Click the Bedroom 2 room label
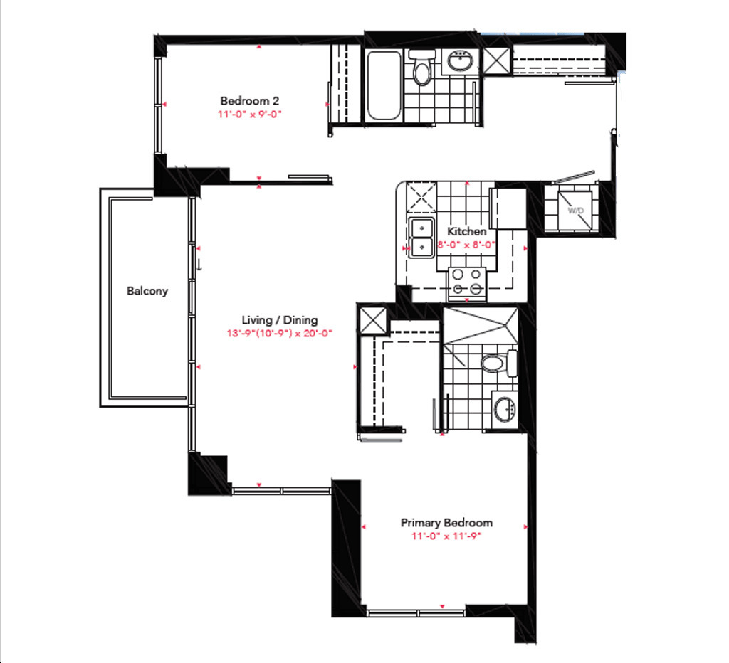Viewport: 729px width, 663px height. click(x=250, y=101)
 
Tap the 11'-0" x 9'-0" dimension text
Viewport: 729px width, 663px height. click(x=250, y=115)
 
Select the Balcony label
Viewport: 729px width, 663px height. click(x=147, y=291)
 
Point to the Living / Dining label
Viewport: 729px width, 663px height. click(x=279, y=320)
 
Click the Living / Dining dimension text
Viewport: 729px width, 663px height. click(x=279, y=333)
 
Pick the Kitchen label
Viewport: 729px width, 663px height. click(x=467, y=231)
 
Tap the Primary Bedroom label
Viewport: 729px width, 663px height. click(x=446, y=523)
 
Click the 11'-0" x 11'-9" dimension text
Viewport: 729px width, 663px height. click(x=446, y=536)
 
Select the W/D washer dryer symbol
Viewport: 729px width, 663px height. click(x=575, y=211)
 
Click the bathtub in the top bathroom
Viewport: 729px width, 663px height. click(x=384, y=85)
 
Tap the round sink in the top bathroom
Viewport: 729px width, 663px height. click(x=461, y=60)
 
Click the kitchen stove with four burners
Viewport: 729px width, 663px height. click(x=467, y=282)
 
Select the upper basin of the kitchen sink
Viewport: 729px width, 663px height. click(x=421, y=228)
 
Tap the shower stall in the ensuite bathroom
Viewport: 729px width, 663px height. click(x=481, y=325)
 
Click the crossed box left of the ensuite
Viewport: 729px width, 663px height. click(x=373, y=320)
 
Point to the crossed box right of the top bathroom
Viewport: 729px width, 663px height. click(x=497, y=61)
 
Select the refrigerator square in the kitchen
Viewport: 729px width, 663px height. click(x=508, y=208)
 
